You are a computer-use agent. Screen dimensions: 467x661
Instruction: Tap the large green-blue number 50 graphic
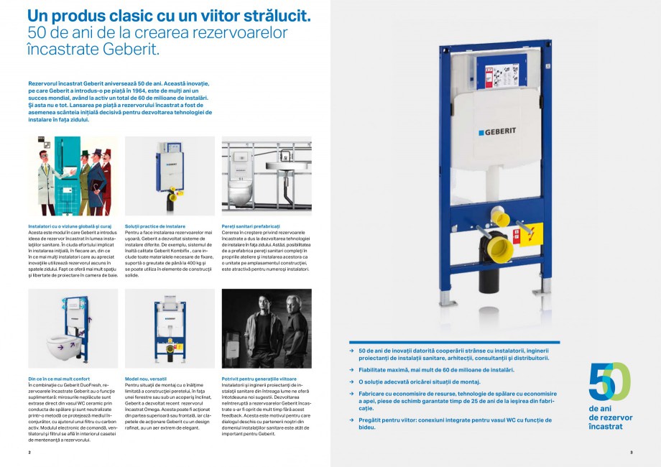tap(609, 382)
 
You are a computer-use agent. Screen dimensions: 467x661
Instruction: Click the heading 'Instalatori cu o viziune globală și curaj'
tap(68, 226)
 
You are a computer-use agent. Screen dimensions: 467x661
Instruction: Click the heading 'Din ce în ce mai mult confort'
tap(58, 378)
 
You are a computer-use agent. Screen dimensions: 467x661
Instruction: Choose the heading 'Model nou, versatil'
tap(146, 378)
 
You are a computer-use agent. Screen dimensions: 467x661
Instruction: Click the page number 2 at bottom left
tap(29, 453)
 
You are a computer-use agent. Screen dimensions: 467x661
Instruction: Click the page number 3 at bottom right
tap(631, 453)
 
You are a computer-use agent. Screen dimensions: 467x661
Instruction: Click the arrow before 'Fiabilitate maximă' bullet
tap(352, 370)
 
